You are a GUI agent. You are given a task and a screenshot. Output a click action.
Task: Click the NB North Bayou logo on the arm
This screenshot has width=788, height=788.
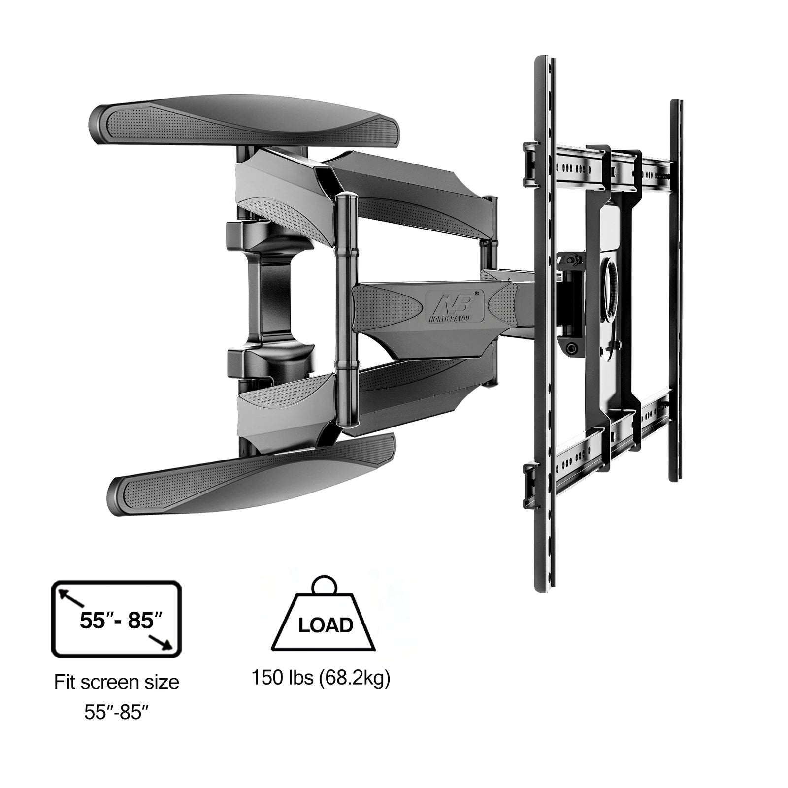[x=454, y=305]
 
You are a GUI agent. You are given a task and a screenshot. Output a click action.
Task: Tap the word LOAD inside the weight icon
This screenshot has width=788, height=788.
[x=326, y=625]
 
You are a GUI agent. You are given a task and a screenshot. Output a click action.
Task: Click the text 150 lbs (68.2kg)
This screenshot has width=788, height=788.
[x=321, y=678]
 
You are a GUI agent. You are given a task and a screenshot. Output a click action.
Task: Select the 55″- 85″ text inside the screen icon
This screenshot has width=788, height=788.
[x=121, y=621]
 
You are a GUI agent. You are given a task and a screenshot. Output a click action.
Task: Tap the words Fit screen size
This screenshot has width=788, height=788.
[x=117, y=683]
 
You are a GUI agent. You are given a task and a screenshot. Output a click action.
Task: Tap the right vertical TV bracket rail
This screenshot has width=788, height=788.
[x=675, y=291]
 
